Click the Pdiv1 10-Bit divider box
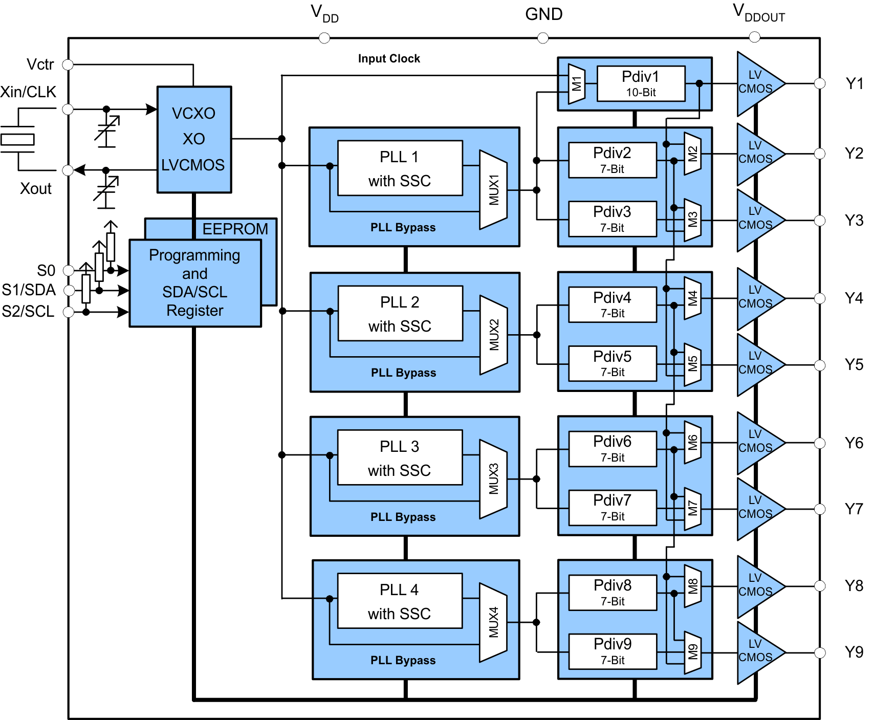pos(641,84)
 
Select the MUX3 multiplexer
pos(493,479)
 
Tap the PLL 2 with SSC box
pos(400,313)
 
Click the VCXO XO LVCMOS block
pos(194,139)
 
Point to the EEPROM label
pos(235,229)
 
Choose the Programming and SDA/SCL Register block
pos(195,283)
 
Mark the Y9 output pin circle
pos(820,652)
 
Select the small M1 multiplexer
pos(577,83)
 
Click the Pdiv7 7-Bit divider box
pos(613,508)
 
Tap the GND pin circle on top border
pos(543,38)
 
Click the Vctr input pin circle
pos(68,64)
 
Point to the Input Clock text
pos(389,59)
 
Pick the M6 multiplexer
pos(692,442)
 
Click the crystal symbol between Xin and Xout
pos(17,139)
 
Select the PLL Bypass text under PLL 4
pos(403,661)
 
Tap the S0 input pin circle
pos(68,270)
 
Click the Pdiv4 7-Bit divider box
pos(613,305)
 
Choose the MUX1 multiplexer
pos(493,190)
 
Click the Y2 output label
pos(854,154)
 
